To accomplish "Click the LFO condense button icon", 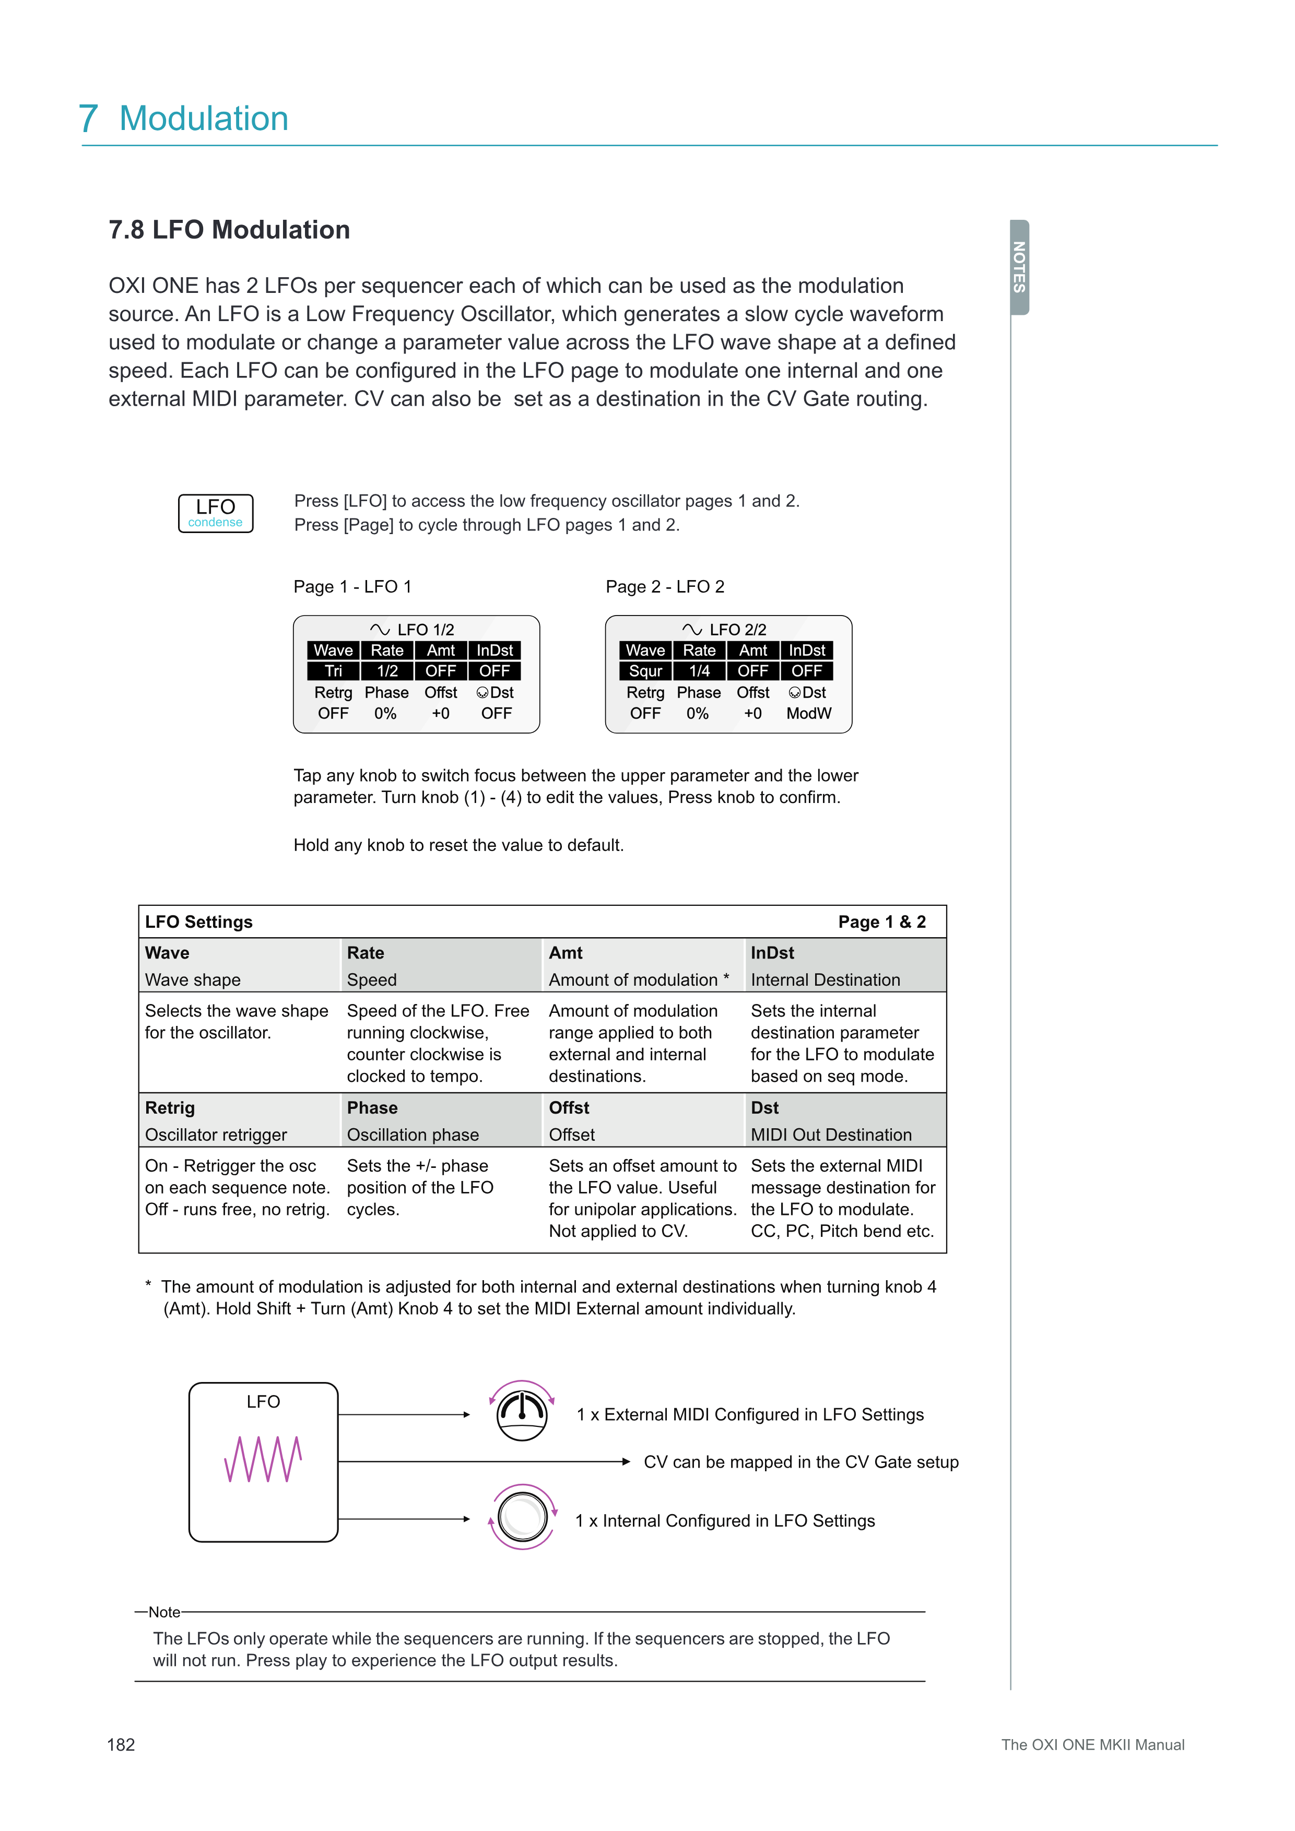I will click(x=215, y=513).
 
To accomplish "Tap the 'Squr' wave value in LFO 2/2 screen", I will click(x=645, y=671).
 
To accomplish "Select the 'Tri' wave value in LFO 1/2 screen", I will click(x=333, y=671).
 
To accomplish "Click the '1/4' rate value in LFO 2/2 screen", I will click(x=699, y=671).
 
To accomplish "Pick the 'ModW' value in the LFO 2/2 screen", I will click(x=808, y=714).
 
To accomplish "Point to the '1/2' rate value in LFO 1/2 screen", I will click(x=387, y=671).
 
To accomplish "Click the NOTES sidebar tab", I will click(x=1019, y=267).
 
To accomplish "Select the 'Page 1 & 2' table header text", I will click(x=881, y=922).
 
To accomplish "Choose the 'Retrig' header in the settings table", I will click(x=170, y=1108).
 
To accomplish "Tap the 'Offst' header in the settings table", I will click(x=569, y=1108).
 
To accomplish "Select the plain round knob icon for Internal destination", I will click(x=522, y=1517).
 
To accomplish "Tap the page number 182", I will click(x=121, y=1745).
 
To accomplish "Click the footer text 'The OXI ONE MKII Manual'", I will click(x=1092, y=1745).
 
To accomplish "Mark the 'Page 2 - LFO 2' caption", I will click(x=665, y=587).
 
